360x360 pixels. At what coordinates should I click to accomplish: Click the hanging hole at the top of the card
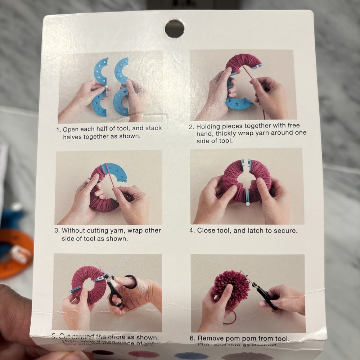point(175,29)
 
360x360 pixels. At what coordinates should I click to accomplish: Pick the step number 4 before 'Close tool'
point(192,230)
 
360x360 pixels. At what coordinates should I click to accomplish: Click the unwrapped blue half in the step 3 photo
point(116,172)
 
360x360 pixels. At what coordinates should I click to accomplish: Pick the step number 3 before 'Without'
point(57,230)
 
